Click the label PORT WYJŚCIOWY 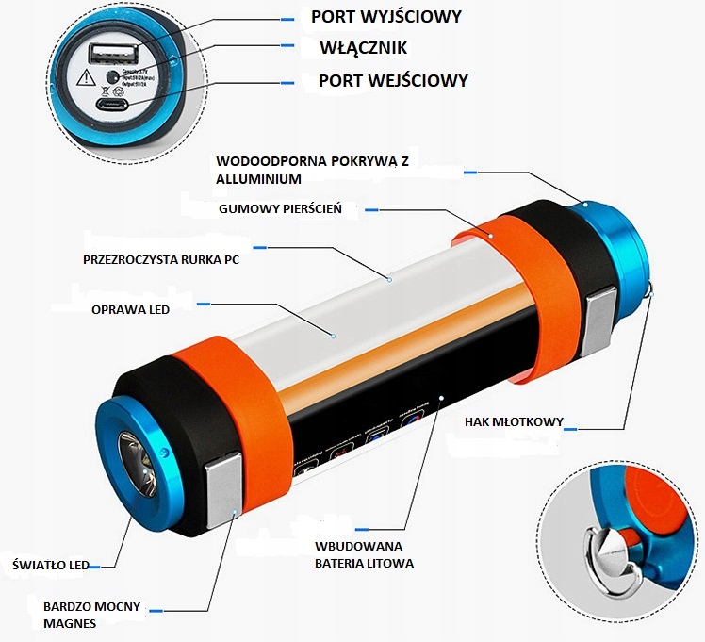click(386, 17)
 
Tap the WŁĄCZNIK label click(363, 47)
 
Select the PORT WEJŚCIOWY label click(393, 80)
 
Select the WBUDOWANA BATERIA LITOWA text click(364, 554)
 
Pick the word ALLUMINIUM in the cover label click(258, 178)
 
